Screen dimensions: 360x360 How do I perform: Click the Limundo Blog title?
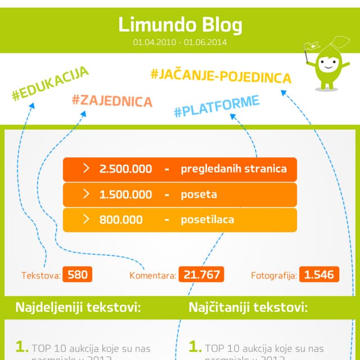pos(180,25)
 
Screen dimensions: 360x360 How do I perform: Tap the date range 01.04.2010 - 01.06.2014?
pos(180,42)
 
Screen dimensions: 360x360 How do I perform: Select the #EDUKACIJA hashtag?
pos(50,84)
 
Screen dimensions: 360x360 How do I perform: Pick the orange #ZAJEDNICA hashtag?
pos(112,101)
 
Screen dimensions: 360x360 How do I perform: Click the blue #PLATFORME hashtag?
pos(217,107)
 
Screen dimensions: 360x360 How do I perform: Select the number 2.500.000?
pos(125,169)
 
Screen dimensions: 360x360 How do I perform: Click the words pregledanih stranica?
pos(233,169)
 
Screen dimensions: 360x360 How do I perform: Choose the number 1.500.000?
pos(125,195)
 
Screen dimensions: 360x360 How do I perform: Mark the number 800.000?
pos(121,220)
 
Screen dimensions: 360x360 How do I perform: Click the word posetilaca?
pos(207,220)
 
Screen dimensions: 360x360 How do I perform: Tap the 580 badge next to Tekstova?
pos(78,274)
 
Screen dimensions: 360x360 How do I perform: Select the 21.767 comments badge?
pos(201,274)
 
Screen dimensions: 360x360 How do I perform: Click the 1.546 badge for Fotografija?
pos(319,274)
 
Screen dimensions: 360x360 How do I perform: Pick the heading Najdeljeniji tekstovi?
pos(78,308)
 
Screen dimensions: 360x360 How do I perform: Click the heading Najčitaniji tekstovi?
pos(248,308)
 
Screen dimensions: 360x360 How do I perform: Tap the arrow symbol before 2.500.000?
pos(86,168)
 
